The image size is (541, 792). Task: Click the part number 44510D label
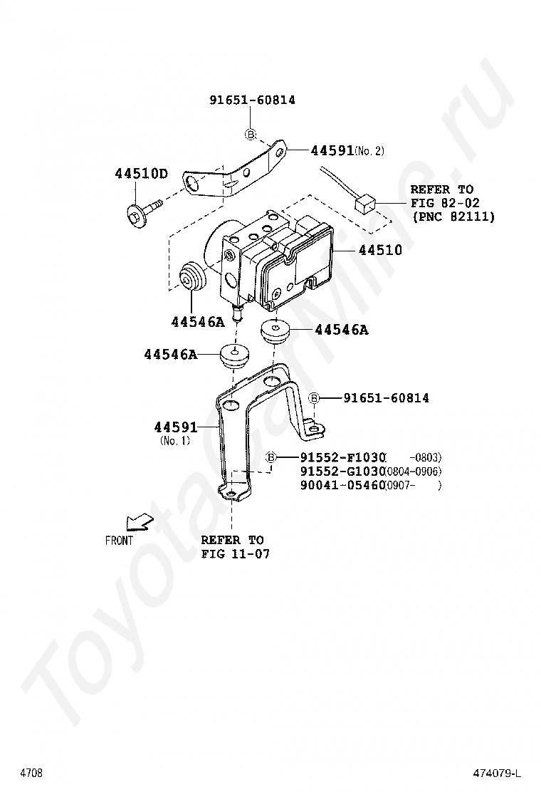(x=142, y=174)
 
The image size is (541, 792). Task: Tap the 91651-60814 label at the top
(x=252, y=100)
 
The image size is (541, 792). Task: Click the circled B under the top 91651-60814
(x=251, y=134)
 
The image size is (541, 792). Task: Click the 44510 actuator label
(x=379, y=250)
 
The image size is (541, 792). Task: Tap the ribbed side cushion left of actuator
(x=191, y=278)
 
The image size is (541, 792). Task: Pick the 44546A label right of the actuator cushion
(x=341, y=330)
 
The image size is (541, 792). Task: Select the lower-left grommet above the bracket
(x=234, y=354)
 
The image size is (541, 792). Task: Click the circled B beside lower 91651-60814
(x=314, y=398)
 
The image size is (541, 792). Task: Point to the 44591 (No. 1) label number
(x=175, y=427)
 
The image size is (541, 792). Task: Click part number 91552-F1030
(x=342, y=457)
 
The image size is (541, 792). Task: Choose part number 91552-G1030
(x=342, y=471)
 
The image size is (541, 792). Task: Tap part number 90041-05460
(x=342, y=486)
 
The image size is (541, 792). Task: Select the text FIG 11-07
(x=235, y=553)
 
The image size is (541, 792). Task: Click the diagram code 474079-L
(x=498, y=773)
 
